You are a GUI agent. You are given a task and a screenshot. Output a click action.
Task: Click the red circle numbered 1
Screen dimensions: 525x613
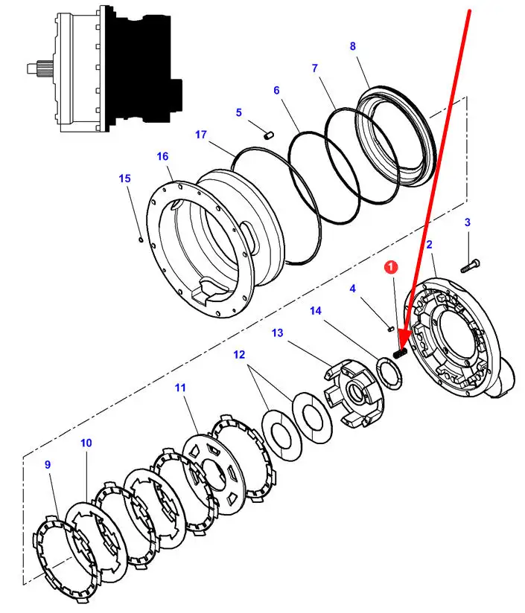click(x=391, y=267)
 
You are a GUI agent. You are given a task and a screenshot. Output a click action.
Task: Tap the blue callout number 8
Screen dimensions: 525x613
click(x=352, y=46)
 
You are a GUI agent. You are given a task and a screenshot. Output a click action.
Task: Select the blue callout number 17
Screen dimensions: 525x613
click(x=200, y=135)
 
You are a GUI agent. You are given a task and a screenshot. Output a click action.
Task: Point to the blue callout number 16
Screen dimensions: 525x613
click(x=162, y=156)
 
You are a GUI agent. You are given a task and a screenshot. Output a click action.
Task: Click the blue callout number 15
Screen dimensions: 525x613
click(x=124, y=179)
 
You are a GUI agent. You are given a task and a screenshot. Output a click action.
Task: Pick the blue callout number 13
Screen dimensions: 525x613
click(x=277, y=333)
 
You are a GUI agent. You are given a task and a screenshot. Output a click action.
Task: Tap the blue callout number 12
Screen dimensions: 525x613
click(x=239, y=355)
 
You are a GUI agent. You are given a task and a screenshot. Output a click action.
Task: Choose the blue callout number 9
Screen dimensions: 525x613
click(x=48, y=464)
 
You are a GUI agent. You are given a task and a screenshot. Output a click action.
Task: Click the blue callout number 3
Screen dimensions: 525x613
click(x=467, y=222)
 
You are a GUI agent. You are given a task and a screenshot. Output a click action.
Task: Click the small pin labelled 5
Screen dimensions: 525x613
click(x=268, y=135)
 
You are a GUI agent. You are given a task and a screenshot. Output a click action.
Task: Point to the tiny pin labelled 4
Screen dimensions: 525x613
click(x=390, y=329)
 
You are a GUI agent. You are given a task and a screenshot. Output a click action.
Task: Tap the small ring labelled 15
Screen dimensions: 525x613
click(x=141, y=239)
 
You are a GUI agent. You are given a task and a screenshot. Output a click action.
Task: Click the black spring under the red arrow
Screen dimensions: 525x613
click(x=400, y=353)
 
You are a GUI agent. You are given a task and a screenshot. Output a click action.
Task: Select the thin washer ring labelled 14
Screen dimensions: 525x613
click(x=389, y=373)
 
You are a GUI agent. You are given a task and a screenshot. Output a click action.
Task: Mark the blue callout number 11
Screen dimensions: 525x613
click(x=180, y=388)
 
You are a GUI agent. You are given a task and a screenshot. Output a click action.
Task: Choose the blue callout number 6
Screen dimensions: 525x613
click(x=276, y=90)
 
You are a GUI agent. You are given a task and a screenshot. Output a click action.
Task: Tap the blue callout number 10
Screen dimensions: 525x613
click(x=86, y=443)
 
